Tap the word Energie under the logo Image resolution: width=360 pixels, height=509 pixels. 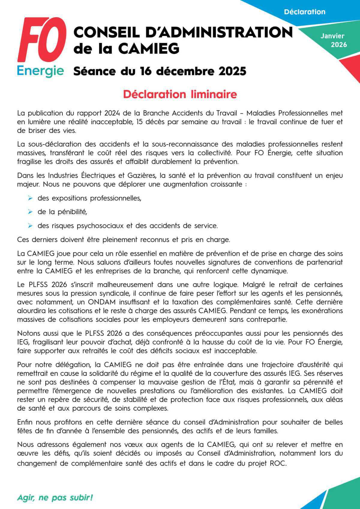pyautogui.click(x=40, y=71)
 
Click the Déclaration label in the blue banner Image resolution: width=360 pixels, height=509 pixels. pyautogui.click(x=304, y=12)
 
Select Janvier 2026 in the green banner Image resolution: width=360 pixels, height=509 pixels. pyautogui.click(x=333, y=40)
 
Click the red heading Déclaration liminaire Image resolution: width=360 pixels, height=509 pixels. pyautogui.click(x=180, y=94)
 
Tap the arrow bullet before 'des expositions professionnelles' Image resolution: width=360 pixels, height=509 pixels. pyautogui.click(x=30, y=198)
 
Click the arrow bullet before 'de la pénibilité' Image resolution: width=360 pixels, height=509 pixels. pyautogui.click(x=30, y=212)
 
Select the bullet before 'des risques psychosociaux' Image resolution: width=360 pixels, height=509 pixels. pyautogui.click(x=30, y=226)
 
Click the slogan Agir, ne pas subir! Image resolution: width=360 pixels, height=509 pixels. pyautogui.click(x=55, y=498)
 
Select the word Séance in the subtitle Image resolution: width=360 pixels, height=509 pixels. pyautogui.click(x=94, y=71)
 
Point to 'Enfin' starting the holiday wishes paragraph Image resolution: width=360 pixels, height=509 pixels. pyautogui.click(x=25, y=422)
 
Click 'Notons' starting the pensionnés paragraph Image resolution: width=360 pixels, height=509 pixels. pyautogui.click(x=27, y=333)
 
